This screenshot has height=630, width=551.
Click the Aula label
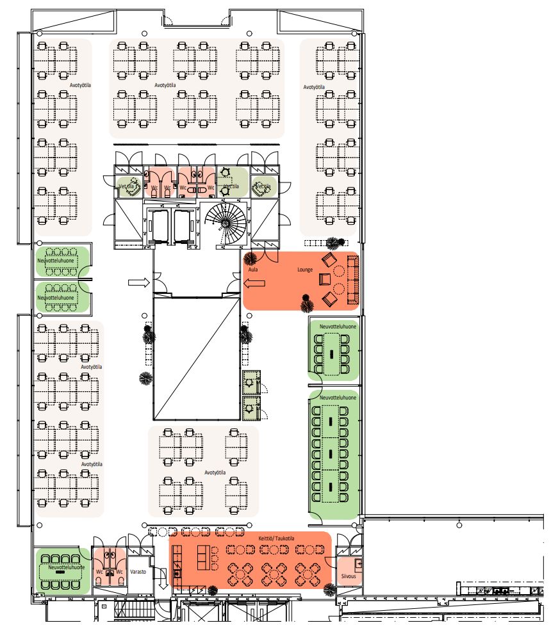pos(252,270)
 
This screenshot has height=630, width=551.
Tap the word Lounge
pos(305,270)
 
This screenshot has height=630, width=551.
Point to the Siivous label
pos(349,576)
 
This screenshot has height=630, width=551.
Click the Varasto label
pos(139,572)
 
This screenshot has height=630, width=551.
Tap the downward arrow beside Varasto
pos(162,582)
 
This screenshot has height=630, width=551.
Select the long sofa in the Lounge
pos(352,279)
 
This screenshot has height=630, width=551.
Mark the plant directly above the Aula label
pos(251,258)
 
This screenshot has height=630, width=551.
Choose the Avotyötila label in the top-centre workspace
pos(165,84)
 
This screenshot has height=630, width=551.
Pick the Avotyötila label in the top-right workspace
pos(314,86)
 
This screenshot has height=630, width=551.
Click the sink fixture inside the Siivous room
pos(358,564)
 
